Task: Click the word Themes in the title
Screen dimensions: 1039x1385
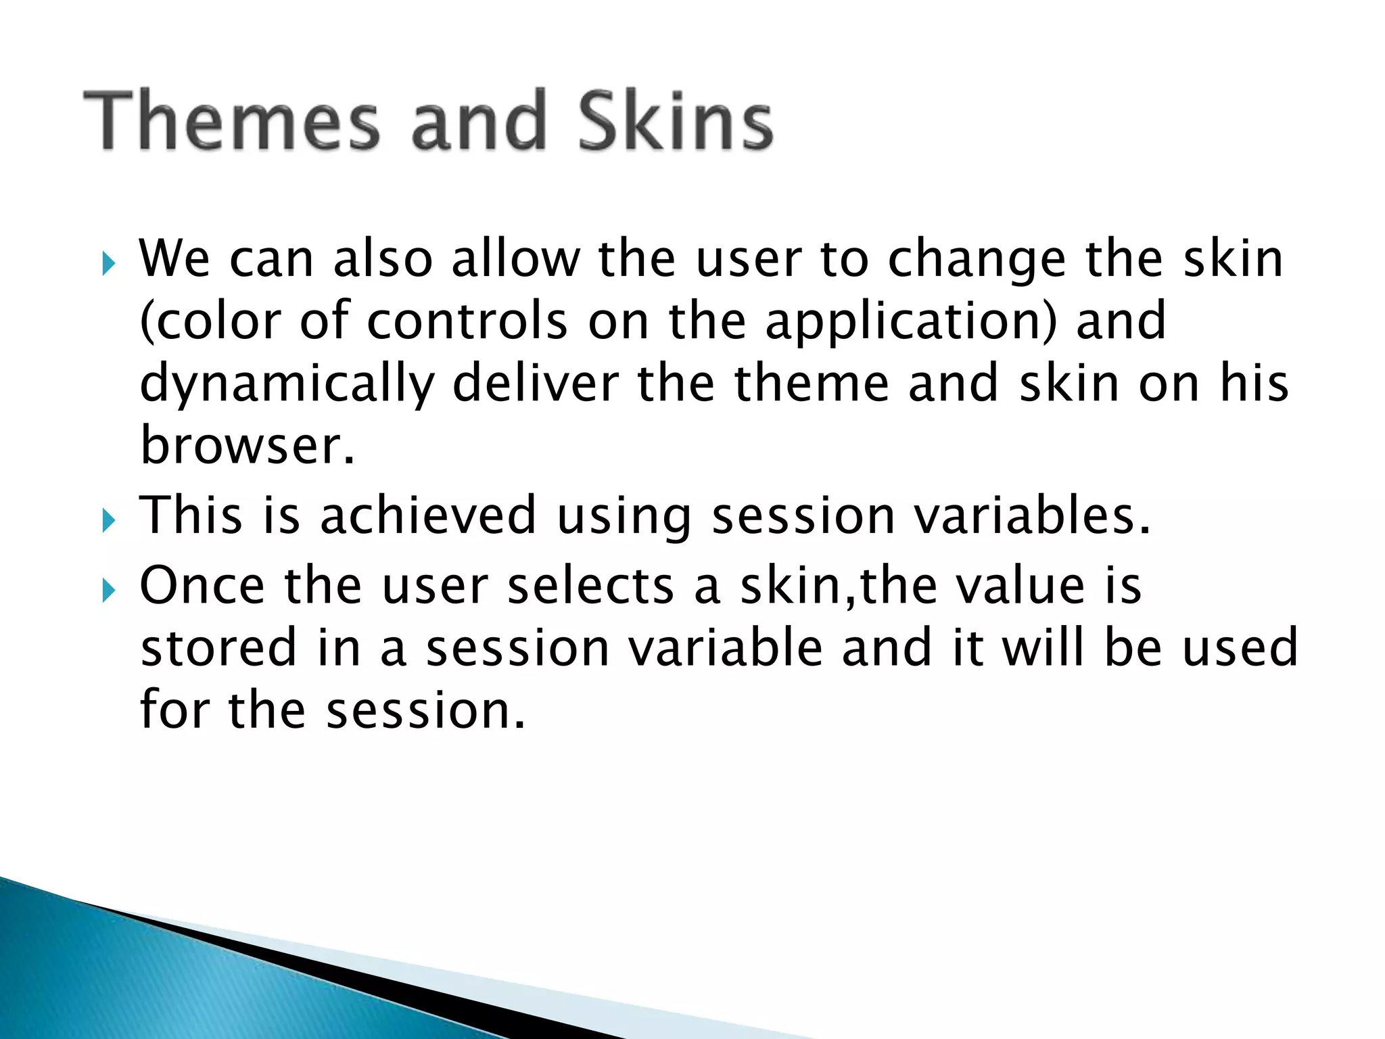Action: tap(231, 122)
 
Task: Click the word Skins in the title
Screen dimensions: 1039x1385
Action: tap(675, 122)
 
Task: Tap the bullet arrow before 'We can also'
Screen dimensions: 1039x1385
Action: tap(108, 264)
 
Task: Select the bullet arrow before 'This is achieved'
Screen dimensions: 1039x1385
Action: tap(108, 520)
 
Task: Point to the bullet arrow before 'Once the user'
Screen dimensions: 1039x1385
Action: tap(108, 591)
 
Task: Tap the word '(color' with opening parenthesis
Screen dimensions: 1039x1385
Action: tap(210, 321)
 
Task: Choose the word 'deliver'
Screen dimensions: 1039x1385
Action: tap(535, 383)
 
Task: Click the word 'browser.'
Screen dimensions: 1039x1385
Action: tap(247, 446)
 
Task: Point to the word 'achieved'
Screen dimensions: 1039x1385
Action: tap(427, 515)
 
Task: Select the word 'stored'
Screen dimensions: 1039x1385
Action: tap(218, 648)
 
